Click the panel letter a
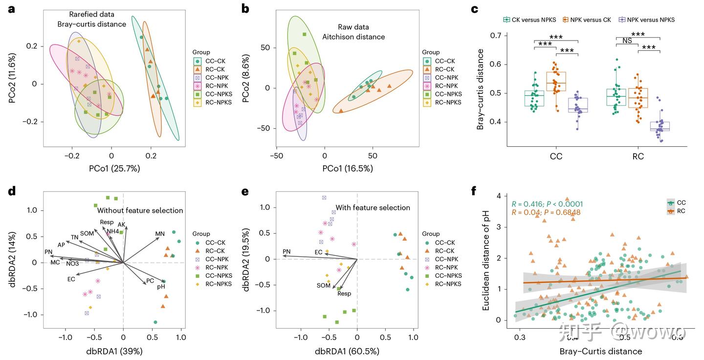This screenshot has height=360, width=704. (11, 9)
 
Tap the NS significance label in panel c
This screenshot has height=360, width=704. (627, 41)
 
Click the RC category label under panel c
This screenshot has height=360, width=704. (638, 157)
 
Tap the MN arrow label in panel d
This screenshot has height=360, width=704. (160, 234)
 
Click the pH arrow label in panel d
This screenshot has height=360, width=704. (161, 287)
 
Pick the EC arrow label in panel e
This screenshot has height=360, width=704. (318, 252)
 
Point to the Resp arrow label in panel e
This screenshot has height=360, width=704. (344, 293)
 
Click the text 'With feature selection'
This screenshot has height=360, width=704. (373, 207)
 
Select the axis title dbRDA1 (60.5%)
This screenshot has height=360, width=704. (347, 351)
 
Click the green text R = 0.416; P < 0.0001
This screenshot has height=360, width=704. (547, 204)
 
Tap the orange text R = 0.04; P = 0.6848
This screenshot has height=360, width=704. (546, 213)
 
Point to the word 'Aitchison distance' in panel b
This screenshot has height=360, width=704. (353, 37)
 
